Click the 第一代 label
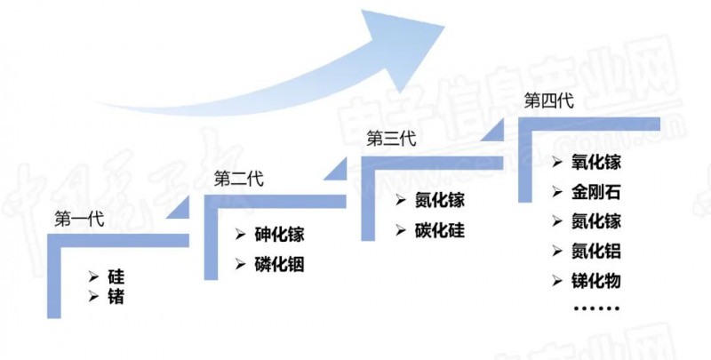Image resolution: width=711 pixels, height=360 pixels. click(79, 219)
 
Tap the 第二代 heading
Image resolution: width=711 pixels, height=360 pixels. click(238, 179)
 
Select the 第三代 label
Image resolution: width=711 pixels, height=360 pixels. click(391, 139)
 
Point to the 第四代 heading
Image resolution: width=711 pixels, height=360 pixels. click(548, 100)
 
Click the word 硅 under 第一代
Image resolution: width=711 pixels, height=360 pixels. click(116, 276)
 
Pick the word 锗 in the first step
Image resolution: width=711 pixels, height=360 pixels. click(116, 297)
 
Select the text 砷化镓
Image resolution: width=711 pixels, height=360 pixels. click(279, 235)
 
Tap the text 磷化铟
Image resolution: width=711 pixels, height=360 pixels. click(279, 264)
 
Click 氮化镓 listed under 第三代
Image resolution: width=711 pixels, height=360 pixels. click(439, 200)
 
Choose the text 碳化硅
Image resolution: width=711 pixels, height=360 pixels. click(439, 231)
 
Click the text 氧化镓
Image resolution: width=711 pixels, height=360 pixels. click(595, 163)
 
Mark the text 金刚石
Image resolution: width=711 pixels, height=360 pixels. click(595, 192)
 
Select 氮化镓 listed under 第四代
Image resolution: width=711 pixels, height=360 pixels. click(595, 221)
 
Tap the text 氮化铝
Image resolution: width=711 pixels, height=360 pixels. click(595, 252)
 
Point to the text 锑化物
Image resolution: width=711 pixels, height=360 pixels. click(595, 281)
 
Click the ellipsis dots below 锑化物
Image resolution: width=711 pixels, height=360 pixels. click(596, 308)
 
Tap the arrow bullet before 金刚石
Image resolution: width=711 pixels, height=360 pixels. click(557, 192)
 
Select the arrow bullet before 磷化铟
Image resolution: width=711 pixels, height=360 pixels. click(240, 264)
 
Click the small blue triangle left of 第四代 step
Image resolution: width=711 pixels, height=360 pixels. click(494, 131)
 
